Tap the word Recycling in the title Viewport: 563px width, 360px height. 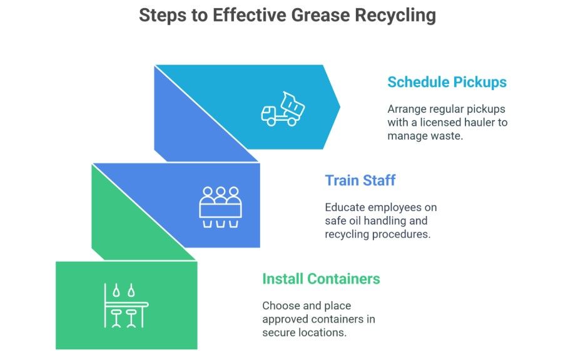[395, 16]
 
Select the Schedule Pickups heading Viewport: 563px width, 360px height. [447, 82]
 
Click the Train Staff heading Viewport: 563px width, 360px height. [360, 180]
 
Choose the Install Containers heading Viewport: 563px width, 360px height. [321, 278]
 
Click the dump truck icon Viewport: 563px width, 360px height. [283, 109]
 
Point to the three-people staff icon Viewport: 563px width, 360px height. [220, 207]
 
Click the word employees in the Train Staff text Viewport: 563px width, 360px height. [403, 207]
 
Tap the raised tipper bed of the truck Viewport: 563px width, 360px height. [293, 104]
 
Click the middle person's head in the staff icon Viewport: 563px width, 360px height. [220, 192]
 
